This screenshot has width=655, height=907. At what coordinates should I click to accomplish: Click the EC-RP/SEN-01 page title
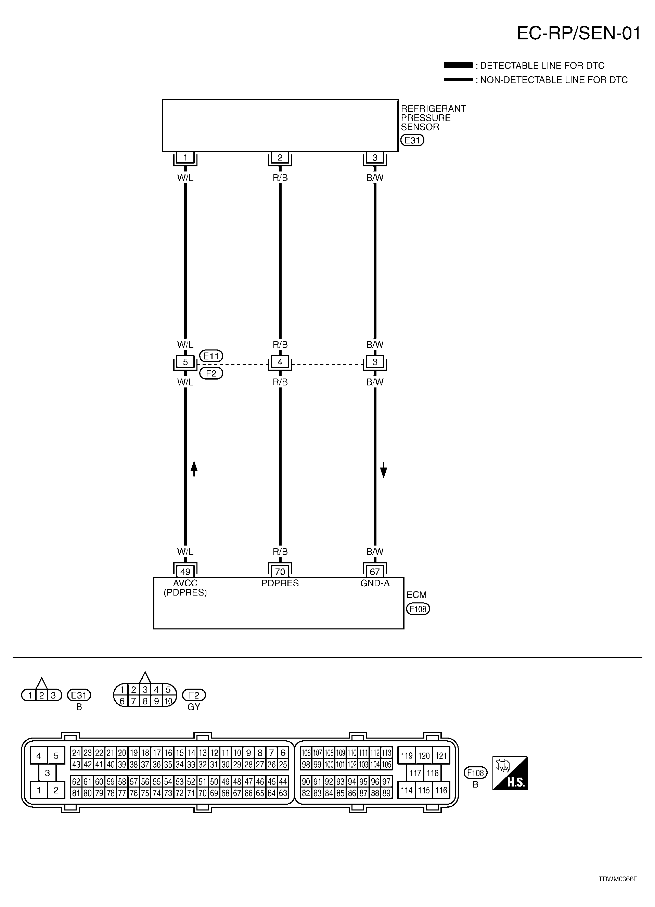click(578, 34)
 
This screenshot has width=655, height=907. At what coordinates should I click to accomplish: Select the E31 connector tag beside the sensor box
click(412, 140)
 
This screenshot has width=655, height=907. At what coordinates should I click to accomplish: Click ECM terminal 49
click(185, 572)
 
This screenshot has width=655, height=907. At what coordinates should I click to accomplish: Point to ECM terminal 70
click(280, 572)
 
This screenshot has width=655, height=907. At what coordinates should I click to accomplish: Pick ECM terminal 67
click(375, 572)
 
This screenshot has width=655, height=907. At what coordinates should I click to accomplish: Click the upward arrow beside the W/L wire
click(194, 468)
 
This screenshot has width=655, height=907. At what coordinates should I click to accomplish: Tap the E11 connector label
click(211, 356)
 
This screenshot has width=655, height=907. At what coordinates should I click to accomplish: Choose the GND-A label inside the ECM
click(375, 583)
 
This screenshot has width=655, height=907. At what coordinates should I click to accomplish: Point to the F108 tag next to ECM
click(418, 609)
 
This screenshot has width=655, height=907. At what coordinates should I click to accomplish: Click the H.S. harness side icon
click(510, 773)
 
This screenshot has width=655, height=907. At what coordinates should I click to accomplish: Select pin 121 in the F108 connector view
click(441, 756)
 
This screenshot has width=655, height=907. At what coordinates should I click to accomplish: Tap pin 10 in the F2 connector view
click(168, 701)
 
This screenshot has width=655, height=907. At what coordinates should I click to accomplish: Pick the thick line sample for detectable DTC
click(458, 65)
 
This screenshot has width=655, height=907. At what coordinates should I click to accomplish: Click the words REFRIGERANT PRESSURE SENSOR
click(433, 118)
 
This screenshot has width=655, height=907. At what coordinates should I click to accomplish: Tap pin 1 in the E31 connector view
click(30, 695)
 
